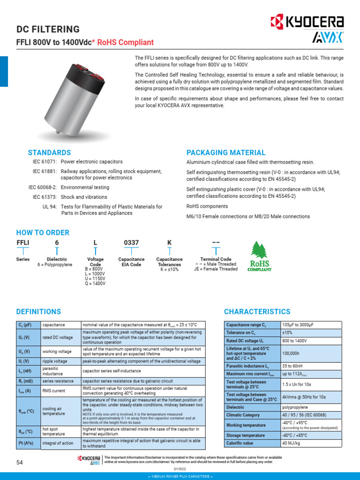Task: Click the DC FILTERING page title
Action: click(48, 30)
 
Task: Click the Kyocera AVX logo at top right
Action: click(307, 29)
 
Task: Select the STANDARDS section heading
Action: click(49, 153)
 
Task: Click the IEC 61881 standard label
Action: click(45, 172)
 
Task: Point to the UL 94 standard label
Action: click(49, 207)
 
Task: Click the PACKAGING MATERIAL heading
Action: click(226, 153)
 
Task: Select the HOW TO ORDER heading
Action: click(43, 232)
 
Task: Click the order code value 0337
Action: click(131, 242)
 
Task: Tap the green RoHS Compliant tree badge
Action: click(259, 256)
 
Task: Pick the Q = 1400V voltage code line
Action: click(95, 284)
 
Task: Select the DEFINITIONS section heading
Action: click(38, 312)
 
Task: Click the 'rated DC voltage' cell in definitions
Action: click(58, 337)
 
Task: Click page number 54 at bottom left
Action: click(20, 463)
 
